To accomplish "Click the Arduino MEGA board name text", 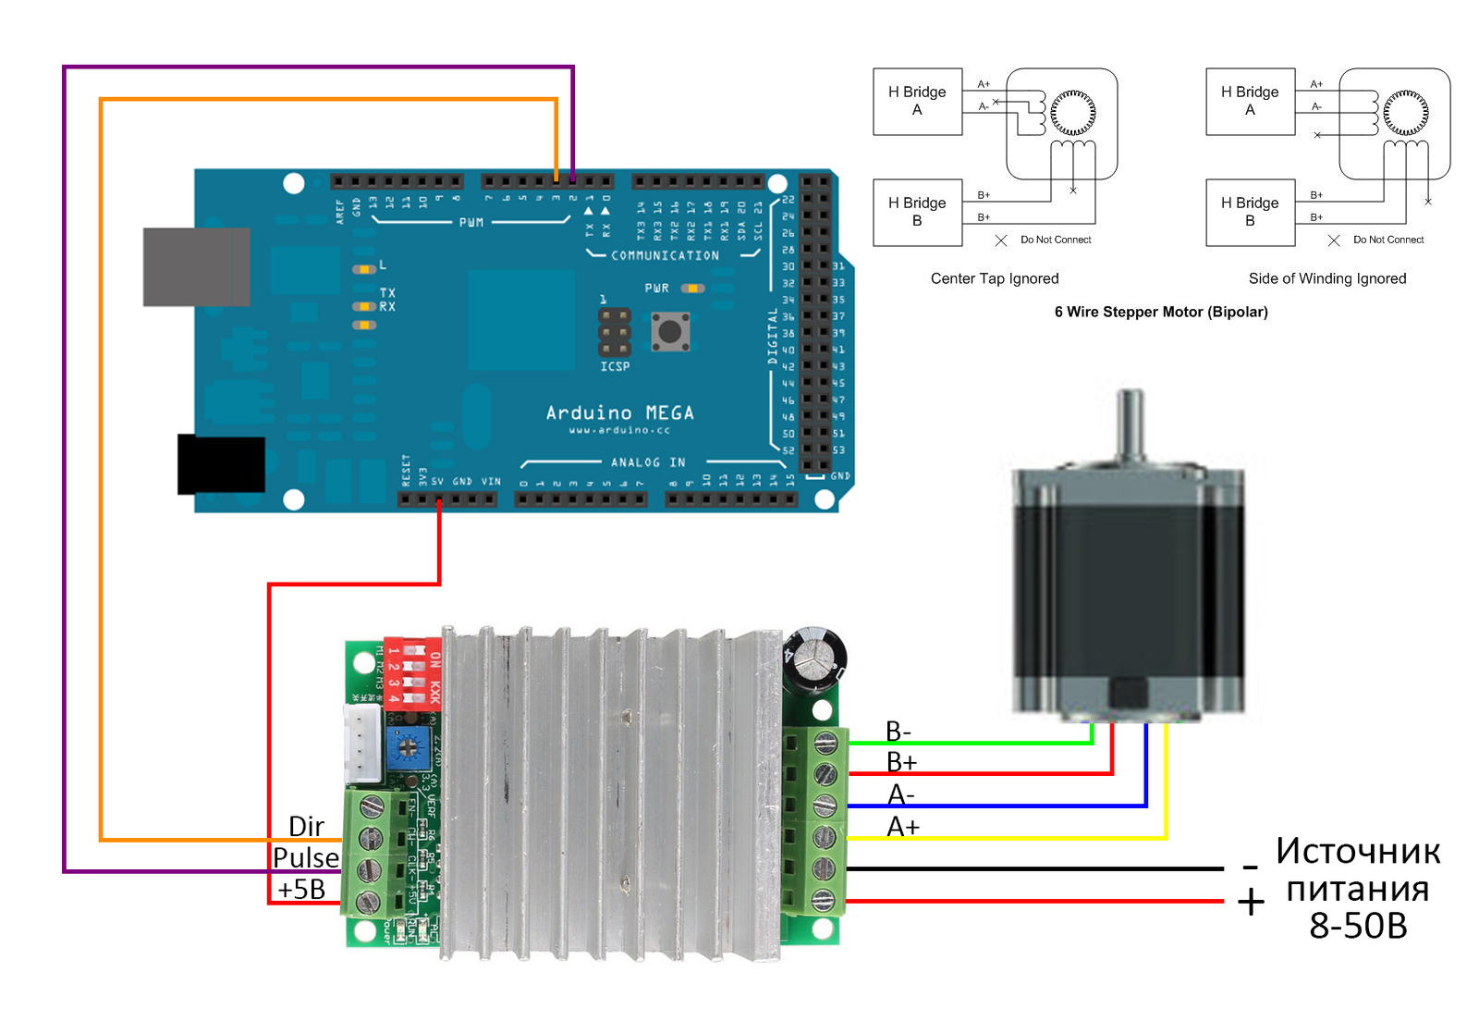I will pyautogui.click(x=619, y=412).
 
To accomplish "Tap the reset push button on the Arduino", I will pyautogui.click(x=670, y=331).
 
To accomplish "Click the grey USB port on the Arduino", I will pyautogui.click(x=196, y=266).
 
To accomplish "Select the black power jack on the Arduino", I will pyautogui.click(x=221, y=464).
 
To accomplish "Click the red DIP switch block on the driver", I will pyautogui.click(x=412, y=671).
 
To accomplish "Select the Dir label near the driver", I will pyautogui.click(x=306, y=826).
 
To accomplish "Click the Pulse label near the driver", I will pyautogui.click(x=306, y=858).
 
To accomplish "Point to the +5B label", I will pyautogui.click(x=301, y=890).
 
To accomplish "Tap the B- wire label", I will pyautogui.click(x=898, y=732).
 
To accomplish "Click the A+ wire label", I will pyautogui.click(x=903, y=827).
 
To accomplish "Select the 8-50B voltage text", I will pyautogui.click(x=1358, y=926).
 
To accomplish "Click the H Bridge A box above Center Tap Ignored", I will pyautogui.click(x=917, y=102).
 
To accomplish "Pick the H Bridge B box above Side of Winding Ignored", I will pyautogui.click(x=1250, y=212).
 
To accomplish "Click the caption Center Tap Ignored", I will pyautogui.click(x=995, y=278).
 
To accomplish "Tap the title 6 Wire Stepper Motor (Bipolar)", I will pyautogui.click(x=1161, y=313).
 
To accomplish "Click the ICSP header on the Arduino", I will pyautogui.click(x=614, y=332).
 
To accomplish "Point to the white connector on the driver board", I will pyautogui.click(x=363, y=744).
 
